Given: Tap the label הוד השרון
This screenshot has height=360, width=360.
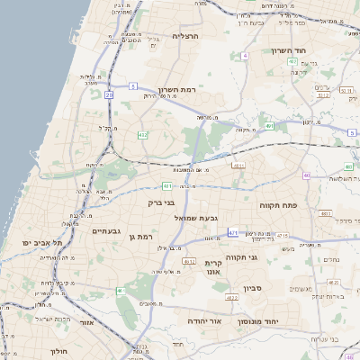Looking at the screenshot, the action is (290, 50).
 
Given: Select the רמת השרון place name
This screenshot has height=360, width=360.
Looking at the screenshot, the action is (176, 90).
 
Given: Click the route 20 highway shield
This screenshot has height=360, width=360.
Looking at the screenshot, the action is (109, 94).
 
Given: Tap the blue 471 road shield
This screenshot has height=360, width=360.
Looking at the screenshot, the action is (233, 232).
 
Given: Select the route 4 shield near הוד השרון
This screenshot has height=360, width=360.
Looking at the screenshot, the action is (245, 56).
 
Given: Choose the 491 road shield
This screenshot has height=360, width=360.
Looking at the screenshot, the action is (269, 126).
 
